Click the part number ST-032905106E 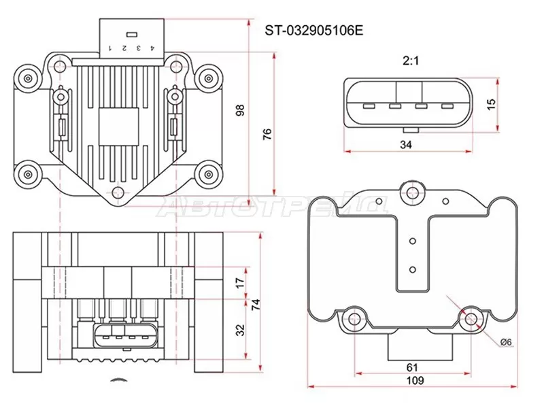click(314, 30)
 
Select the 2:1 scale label click(411, 61)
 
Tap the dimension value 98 click(239, 110)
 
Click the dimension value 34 click(406, 144)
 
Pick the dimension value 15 click(492, 104)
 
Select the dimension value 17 click(239, 282)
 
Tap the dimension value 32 click(239, 330)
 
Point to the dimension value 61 click(412, 367)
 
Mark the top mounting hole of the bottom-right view click(411, 192)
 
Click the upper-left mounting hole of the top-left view click(28, 79)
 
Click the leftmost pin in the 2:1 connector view click(369, 106)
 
